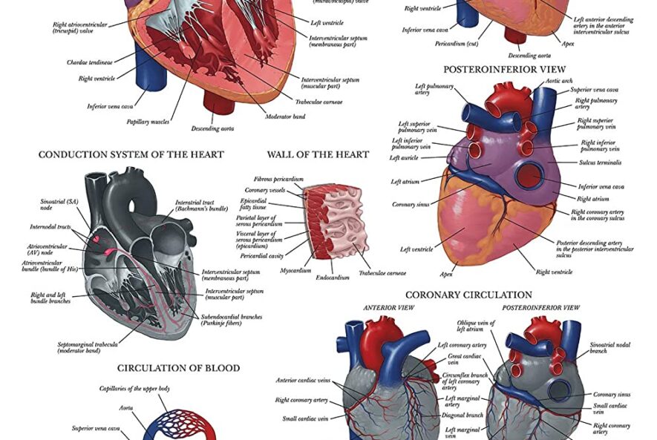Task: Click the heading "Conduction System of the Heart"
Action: (x=131, y=155)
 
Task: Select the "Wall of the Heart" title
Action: (x=318, y=155)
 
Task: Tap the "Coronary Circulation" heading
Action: (x=468, y=295)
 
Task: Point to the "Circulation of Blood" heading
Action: (x=178, y=368)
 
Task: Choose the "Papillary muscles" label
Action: (x=147, y=122)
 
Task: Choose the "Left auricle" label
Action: (x=404, y=158)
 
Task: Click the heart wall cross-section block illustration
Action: (x=334, y=222)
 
